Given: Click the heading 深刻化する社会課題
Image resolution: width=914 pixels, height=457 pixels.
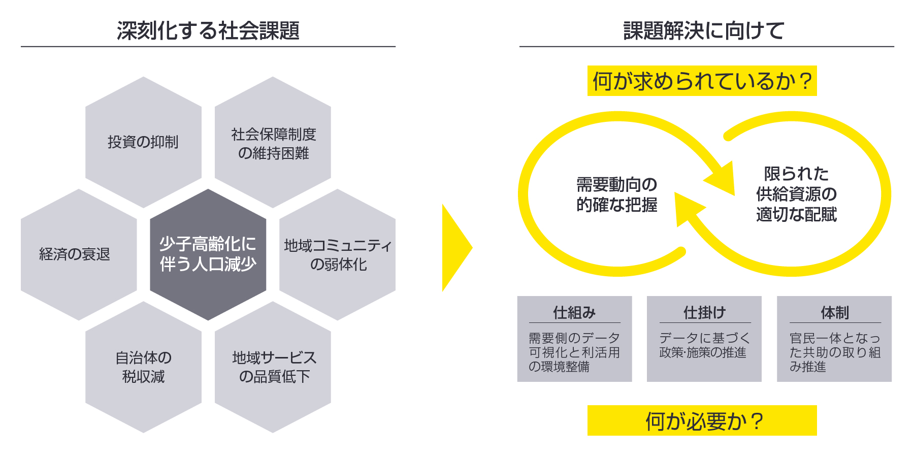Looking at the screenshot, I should click(208, 30).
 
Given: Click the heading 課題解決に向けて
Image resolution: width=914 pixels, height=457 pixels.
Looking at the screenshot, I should click(704, 30).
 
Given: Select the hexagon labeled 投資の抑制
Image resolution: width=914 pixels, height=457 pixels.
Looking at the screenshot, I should click(143, 142).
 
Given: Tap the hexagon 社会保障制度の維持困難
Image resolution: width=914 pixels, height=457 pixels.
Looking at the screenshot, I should click(273, 143).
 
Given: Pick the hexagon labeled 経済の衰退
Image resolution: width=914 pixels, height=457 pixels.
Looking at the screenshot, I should click(75, 254).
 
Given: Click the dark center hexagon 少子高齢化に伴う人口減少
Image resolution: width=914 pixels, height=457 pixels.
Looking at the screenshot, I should click(208, 254).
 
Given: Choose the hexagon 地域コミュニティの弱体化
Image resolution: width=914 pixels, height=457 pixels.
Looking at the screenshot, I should click(338, 254).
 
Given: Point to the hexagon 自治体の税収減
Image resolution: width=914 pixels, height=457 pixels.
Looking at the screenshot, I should click(143, 367).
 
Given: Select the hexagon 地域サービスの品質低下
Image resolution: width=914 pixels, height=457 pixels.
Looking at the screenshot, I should click(273, 367).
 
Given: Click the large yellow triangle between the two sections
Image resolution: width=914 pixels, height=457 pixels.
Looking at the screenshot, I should click(455, 248).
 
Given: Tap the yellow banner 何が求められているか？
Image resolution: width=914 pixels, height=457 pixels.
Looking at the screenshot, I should click(702, 81).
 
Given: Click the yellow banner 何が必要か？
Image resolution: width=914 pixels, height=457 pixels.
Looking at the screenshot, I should click(702, 420).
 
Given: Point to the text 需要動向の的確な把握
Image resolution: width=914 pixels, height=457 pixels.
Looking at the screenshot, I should click(616, 194).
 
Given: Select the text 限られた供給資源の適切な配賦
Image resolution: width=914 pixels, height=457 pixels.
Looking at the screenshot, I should click(796, 194).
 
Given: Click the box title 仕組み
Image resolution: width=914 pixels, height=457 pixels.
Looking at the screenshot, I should click(574, 312).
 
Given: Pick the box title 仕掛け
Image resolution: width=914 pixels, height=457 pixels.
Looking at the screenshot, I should click(704, 312).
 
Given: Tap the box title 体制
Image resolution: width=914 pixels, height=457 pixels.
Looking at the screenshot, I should click(834, 312).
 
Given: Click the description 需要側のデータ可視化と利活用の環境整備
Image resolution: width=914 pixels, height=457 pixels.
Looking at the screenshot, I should click(574, 352).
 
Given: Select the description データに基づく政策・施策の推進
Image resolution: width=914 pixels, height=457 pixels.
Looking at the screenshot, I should click(704, 345).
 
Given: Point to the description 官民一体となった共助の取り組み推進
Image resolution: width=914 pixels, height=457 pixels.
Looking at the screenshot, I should click(834, 352).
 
